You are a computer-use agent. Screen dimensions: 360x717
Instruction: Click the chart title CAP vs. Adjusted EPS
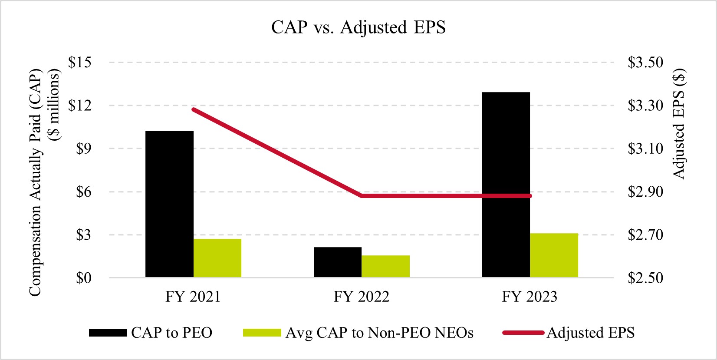point(358,27)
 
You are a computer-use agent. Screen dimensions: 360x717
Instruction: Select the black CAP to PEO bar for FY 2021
point(169,204)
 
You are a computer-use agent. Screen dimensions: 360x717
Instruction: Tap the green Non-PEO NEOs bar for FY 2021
point(217,258)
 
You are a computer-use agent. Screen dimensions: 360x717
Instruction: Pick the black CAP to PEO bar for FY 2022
point(338,262)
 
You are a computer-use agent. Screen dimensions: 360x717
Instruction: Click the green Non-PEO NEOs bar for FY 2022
point(385,266)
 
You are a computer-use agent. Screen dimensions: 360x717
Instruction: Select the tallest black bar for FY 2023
point(506,185)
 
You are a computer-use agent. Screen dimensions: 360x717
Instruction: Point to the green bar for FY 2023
point(554,255)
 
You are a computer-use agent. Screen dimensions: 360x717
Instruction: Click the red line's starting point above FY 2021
point(193,109)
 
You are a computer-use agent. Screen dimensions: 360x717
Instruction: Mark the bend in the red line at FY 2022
point(362,196)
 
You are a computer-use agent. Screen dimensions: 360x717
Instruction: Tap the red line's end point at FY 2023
point(530,196)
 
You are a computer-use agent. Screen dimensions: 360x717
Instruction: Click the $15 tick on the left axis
point(80,63)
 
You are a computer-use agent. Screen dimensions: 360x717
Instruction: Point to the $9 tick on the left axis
point(84,149)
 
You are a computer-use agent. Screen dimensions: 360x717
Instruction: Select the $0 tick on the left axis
point(84,278)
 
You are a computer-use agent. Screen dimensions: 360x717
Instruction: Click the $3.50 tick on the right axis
point(645,63)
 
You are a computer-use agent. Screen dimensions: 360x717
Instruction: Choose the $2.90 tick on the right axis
point(645,192)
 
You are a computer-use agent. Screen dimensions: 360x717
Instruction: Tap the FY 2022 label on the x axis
point(362,297)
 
